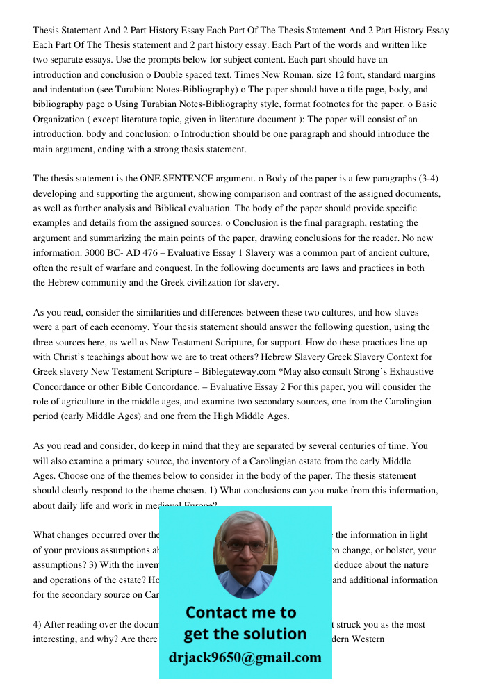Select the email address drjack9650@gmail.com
tap(245, 657)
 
